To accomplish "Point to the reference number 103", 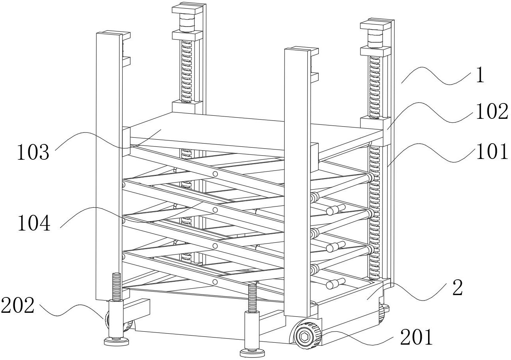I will point(33,153).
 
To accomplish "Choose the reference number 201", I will point(416,337).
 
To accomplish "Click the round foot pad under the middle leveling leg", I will point(251,352).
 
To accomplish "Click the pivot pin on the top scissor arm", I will point(215,174).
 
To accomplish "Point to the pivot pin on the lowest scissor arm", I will point(215,282).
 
